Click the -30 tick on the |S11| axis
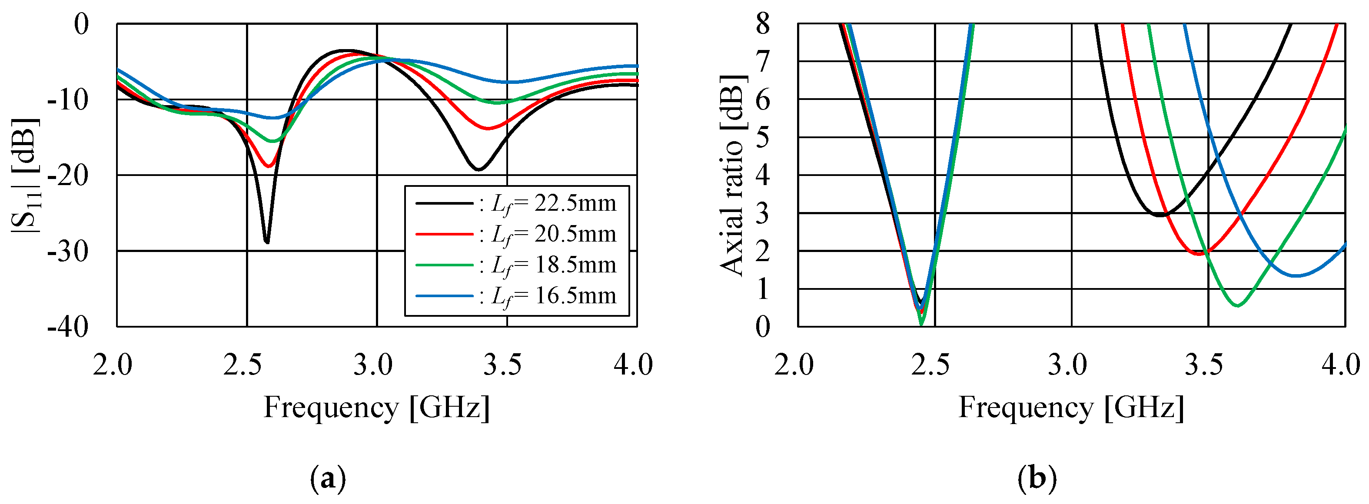pos(68,251)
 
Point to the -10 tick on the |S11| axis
pos(68,100)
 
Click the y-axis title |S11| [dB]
pos(24,175)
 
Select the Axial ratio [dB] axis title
pos(734,175)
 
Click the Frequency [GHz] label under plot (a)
pos(376,408)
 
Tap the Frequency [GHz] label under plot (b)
pos(1071,408)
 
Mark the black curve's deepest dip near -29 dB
pos(267,242)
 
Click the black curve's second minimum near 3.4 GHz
pos(478,169)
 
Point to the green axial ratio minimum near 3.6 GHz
pos(1238,306)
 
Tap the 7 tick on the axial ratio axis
pos(763,62)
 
